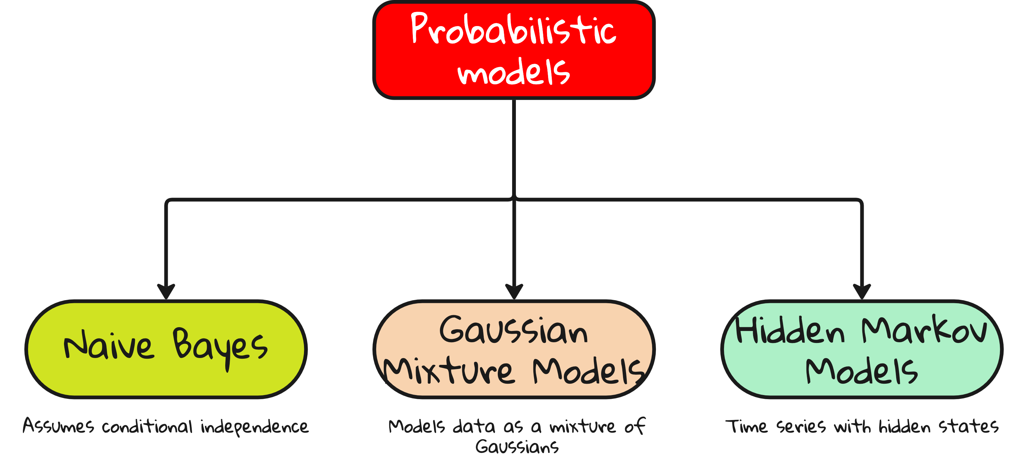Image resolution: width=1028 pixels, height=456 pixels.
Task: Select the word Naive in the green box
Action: (109, 346)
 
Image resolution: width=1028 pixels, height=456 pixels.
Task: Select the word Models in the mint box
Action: (862, 371)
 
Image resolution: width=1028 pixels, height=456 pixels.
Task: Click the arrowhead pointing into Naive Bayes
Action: (166, 291)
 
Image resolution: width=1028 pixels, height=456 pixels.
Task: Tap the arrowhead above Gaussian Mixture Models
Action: (514, 291)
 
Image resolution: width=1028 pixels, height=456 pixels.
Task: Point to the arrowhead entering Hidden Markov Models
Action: (862, 291)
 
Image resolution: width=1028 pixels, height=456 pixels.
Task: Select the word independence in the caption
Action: (255, 427)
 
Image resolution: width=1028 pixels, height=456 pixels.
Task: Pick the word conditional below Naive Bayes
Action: (147, 427)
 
